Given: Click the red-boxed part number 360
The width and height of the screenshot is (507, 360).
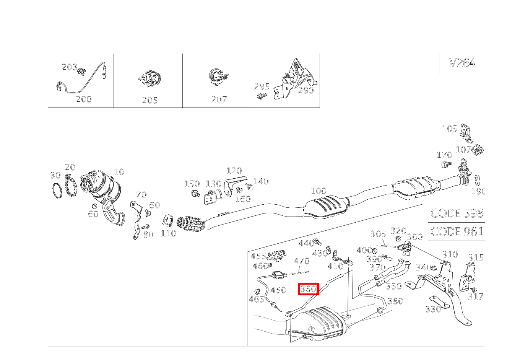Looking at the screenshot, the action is pos(308,289).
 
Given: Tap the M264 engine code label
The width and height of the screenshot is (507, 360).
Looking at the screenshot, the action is pos(461,63).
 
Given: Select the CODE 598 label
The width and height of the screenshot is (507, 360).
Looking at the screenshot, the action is pos(457,213).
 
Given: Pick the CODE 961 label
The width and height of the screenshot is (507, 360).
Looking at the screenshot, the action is pos(457,231).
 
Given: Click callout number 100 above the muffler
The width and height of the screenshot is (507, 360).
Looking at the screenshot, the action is pos(318,191).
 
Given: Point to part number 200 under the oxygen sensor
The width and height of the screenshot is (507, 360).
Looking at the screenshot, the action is pos(84,99).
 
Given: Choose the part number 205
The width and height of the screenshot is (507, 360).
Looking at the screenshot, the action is pos(149,100).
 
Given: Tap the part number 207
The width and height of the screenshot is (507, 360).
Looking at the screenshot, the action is pos(219,99).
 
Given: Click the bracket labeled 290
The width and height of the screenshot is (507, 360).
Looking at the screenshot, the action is pos(294,77).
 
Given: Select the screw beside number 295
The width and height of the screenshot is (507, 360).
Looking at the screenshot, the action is pos(262,96).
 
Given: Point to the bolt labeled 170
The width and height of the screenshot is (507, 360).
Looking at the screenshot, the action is pos(446,164).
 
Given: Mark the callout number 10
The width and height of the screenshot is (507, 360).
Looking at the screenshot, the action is pos(119,172).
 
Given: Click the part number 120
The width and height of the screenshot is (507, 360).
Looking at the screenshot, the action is pos(234,171).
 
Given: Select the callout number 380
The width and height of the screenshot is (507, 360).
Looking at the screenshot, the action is pos(395,301).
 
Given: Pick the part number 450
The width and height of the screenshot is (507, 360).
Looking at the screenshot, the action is pos(278,290).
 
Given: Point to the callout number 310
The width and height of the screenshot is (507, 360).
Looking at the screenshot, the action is pos(450,254).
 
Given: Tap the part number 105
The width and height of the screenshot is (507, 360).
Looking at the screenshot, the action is pos(450,129).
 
